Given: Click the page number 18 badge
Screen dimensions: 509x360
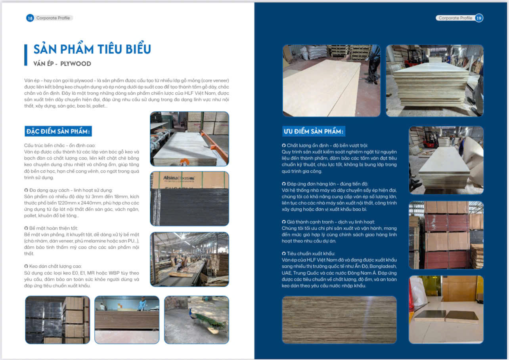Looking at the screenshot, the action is tap(30, 18).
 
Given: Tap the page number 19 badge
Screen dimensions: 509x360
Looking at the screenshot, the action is tap(479, 18).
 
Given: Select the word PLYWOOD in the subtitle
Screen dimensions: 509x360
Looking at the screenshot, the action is tap(76, 64).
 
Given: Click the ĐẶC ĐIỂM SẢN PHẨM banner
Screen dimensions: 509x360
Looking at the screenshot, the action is tap(58, 131).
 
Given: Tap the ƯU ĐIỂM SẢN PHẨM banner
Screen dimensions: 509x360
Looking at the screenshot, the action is tap(314, 131).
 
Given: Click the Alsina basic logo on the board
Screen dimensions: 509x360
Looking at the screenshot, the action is tap(179, 179).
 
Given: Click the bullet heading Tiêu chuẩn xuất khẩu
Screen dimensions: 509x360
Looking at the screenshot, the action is tap(311, 253).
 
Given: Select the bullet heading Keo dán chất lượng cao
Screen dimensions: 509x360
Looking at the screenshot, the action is tap(55, 266).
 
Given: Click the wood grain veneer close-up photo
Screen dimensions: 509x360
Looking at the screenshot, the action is tap(339, 320).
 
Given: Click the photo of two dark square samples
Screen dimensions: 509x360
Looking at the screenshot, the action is tap(446, 309).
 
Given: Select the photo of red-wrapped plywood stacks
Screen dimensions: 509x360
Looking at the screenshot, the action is tap(446, 235).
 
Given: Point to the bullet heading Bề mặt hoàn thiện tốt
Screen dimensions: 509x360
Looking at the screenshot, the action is tap(54, 228).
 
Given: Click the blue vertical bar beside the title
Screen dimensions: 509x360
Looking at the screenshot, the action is tap(26, 55).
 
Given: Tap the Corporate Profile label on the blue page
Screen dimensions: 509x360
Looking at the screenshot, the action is tap(455, 18).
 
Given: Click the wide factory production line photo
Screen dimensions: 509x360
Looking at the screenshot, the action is tap(189, 259).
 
